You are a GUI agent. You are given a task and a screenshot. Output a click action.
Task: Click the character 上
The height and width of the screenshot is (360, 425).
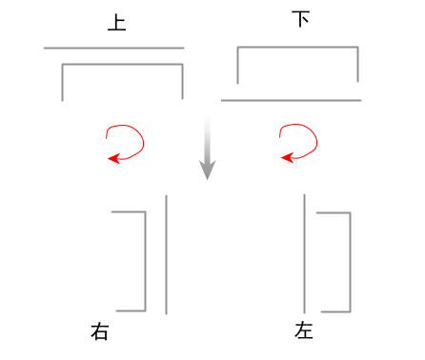[116, 24]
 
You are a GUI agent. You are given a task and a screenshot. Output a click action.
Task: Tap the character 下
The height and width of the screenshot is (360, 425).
[301, 19]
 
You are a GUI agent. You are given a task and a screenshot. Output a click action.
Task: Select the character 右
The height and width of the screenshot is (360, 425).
[100, 331]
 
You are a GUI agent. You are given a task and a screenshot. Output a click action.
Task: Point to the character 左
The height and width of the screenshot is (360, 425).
[304, 331]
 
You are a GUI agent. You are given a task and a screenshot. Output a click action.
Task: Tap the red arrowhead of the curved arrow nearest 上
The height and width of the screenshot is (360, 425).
[112, 158]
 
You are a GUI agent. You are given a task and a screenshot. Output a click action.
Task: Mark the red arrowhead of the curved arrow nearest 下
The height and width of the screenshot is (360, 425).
[285, 158]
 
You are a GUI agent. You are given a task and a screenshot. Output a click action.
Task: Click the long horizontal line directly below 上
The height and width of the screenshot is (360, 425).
[113, 48]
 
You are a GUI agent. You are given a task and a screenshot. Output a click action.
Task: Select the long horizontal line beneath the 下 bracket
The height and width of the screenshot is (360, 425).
[291, 99]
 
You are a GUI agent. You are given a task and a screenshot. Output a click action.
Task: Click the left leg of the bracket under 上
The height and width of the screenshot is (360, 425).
[63, 82]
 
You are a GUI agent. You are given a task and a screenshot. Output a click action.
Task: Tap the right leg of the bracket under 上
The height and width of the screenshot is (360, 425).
[181, 82]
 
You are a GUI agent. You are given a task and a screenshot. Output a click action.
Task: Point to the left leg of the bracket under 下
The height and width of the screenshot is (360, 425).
[237, 64]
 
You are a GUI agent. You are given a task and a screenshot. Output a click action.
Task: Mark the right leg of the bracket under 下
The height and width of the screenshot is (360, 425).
[357, 64]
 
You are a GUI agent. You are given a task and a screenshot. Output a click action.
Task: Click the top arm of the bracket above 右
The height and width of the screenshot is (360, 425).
[129, 212]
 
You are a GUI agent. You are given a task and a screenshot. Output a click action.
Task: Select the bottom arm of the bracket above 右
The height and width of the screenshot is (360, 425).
[131, 310]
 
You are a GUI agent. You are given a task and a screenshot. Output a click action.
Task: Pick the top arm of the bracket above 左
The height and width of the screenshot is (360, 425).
[334, 213]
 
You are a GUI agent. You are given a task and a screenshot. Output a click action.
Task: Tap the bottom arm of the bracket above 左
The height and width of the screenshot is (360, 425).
[335, 311]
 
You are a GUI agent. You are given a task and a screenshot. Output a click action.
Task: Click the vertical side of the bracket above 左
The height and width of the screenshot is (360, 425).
[350, 262]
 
